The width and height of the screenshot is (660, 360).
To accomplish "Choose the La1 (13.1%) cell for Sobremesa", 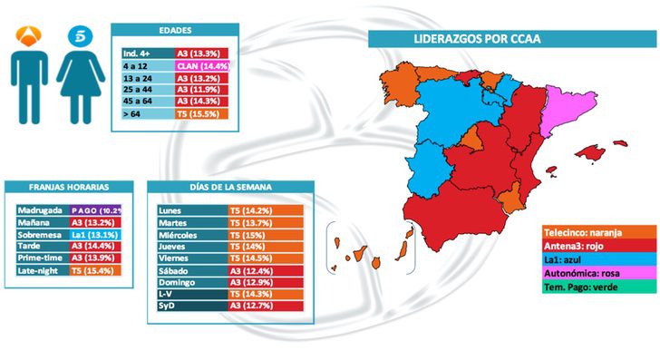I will click(x=96, y=233).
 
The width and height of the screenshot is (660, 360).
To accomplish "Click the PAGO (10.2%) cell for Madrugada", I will click(x=96, y=208).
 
